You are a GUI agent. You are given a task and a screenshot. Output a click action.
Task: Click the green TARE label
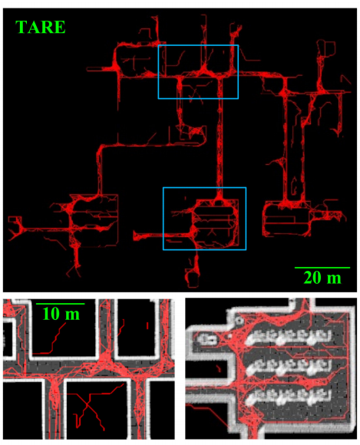tap(41, 28)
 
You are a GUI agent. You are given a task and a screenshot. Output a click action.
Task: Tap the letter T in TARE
tap(21, 28)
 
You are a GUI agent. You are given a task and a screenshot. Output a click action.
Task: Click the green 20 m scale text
tap(322, 278)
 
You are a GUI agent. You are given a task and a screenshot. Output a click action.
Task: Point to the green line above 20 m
tap(322, 267)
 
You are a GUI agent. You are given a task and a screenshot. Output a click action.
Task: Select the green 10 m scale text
tap(61, 314)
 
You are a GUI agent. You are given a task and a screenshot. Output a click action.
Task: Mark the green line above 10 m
tap(60, 304)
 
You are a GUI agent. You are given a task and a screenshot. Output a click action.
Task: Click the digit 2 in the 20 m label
tap(308, 278)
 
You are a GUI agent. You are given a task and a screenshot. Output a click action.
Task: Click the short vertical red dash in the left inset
tap(147, 325)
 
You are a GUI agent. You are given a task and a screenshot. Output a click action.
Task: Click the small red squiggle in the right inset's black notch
tap(218, 368)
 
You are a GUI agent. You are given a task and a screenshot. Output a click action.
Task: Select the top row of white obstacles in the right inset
tap(289, 337)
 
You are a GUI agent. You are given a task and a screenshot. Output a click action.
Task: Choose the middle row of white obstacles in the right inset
tap(289, 366)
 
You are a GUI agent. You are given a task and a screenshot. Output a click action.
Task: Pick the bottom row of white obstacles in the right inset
tap(289, 396)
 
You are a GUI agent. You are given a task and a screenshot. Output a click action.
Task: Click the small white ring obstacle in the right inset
tap(239, 321)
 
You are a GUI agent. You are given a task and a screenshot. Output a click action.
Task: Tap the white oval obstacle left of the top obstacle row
tap(206, 338)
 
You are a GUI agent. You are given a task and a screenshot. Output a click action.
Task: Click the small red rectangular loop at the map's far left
tap(15, 219)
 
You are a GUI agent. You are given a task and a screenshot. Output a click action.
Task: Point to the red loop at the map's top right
tap(326, 49)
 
